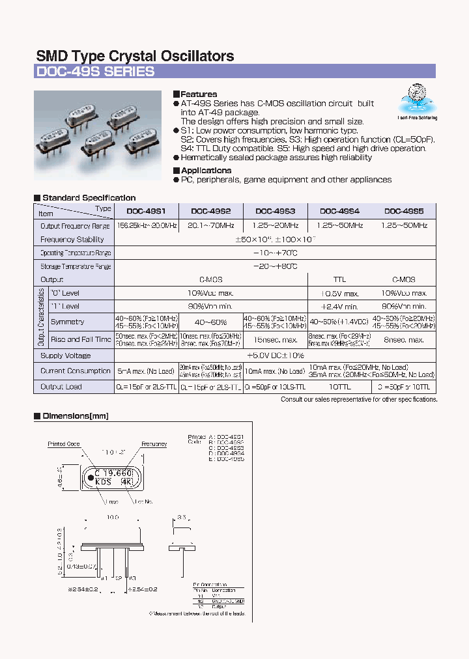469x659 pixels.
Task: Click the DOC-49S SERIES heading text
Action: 95,72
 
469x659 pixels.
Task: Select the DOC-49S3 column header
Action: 275,211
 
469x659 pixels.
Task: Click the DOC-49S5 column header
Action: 404,211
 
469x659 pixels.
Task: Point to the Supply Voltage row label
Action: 66,356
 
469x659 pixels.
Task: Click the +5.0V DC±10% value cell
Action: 276,356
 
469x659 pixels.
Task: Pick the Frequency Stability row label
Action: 72,240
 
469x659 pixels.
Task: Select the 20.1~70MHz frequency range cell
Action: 210,225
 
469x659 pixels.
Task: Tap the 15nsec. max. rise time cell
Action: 275,339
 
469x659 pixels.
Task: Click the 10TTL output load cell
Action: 339,386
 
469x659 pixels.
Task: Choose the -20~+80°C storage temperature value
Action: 276,266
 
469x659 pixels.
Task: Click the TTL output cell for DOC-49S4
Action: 339,279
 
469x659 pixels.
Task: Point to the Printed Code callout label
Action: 64,444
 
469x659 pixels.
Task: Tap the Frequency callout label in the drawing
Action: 154,444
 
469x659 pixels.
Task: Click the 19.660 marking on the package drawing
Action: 117,473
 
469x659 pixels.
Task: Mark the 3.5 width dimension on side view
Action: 180,517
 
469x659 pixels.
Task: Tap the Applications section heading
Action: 205,171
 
